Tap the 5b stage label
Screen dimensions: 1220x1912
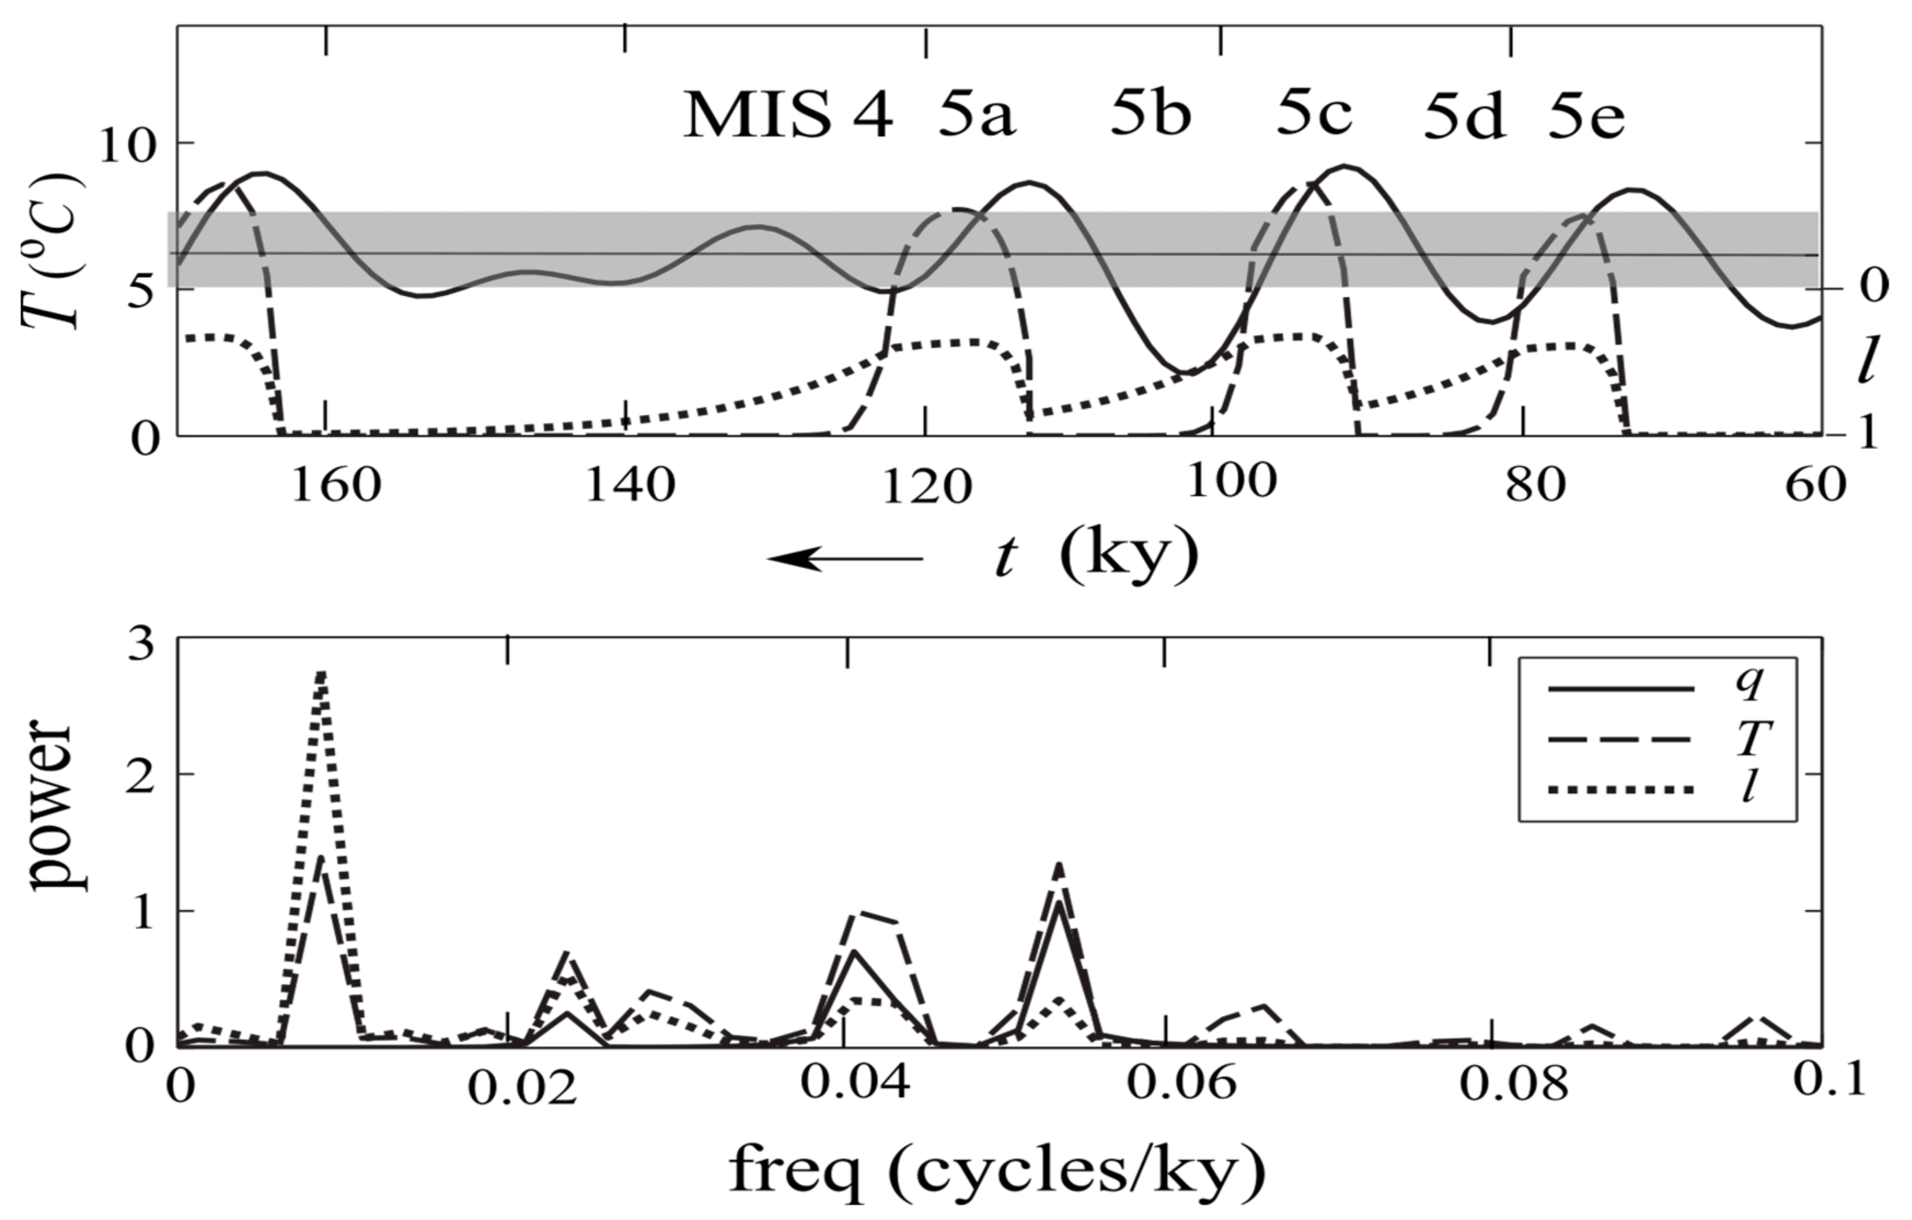coord(1151,115)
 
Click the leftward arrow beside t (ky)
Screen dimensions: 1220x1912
coord(846,559)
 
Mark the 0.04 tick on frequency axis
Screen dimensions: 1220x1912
coord(854,1085)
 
